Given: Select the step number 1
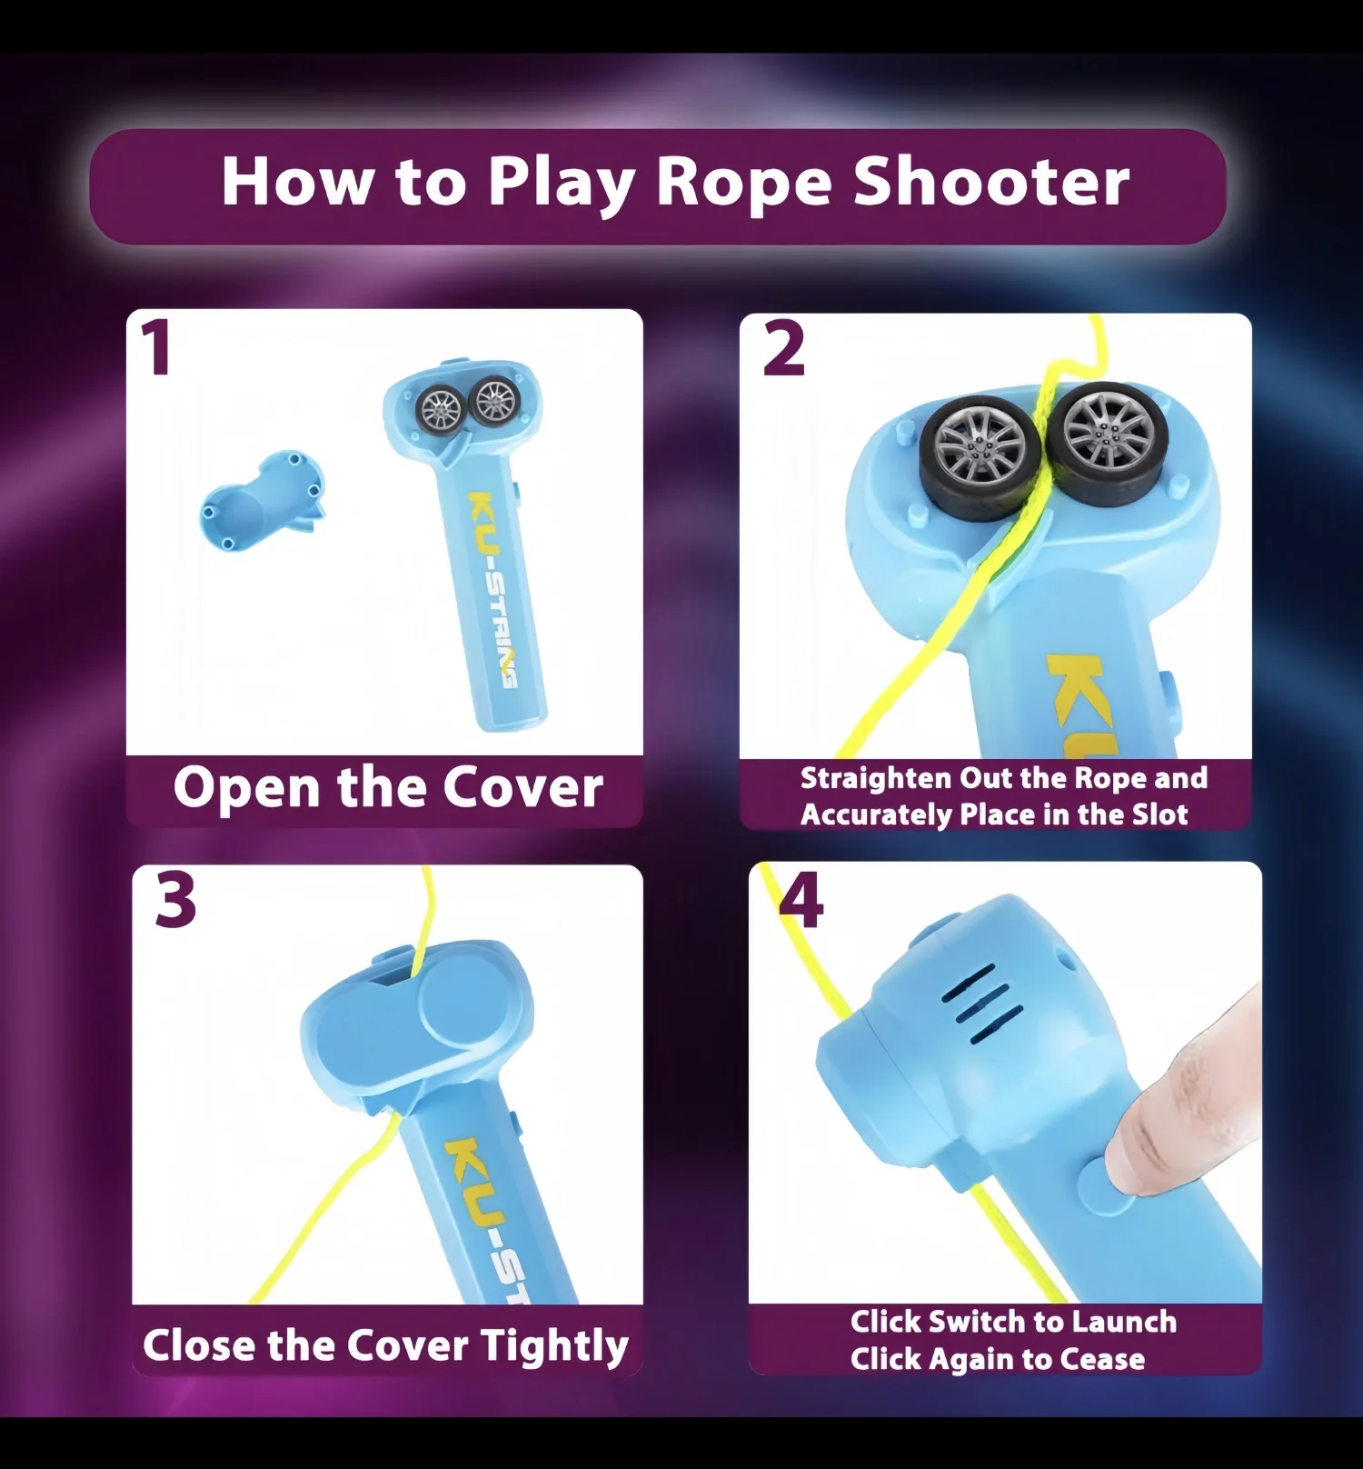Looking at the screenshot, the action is [157, 348].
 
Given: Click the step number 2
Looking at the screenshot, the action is [783, 349].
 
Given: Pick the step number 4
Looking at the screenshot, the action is [801, 900].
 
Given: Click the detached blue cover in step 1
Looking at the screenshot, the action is [262, 502].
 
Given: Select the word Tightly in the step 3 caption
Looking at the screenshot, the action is [554, 1345].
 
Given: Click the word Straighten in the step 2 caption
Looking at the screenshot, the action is [875, 779].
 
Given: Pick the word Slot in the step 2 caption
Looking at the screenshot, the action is [1159, 814].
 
